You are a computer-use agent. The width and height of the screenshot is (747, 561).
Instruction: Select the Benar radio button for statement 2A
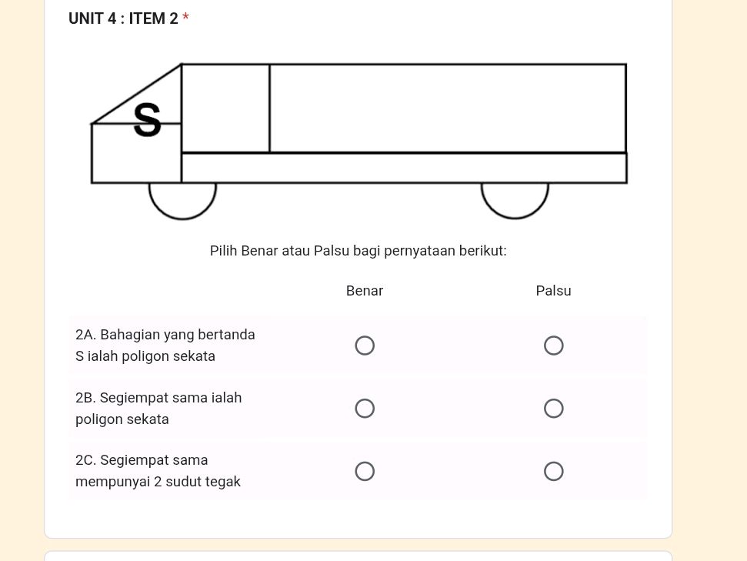[365, 346]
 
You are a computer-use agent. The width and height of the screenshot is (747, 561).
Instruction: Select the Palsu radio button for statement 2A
[553, 346]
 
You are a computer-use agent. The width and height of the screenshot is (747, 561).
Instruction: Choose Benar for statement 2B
[365, 409]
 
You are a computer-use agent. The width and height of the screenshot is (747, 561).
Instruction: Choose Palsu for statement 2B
[553, 409]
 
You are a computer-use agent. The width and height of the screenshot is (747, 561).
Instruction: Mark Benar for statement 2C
[365, 471]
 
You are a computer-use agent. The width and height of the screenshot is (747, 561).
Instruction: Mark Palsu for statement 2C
[553, 471]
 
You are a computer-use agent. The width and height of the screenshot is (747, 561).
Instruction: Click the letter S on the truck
[148, 121]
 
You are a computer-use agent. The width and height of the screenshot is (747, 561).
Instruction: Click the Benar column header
[365, 291]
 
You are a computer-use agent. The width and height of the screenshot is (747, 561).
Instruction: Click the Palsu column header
[553, 291]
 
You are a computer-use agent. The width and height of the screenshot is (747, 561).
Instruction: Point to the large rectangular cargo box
[448, 109]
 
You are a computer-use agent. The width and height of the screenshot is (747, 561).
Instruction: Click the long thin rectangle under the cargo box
[404, 168]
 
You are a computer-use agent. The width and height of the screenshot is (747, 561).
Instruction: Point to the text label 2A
[85, 335]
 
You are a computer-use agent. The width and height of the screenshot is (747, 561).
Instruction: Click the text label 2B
[85, 398]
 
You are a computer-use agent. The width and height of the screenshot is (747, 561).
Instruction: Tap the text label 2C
[85, 460]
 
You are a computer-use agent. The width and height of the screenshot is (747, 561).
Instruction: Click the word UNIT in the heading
[85, 18]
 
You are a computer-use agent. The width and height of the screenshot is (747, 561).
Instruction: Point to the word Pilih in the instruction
[224, 251]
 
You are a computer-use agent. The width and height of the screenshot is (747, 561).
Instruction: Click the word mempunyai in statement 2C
[112, 482]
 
